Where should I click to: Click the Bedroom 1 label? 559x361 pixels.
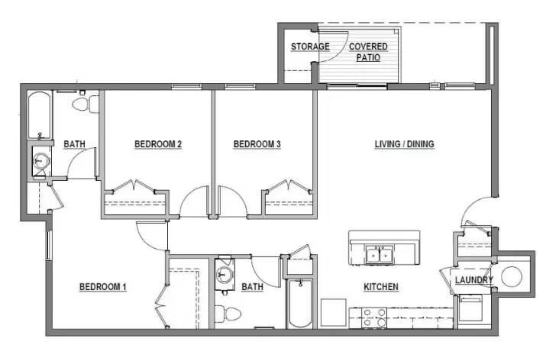click(x=102, y=287)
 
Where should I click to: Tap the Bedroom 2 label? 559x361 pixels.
click(x=158, y=143)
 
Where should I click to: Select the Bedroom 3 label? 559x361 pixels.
click(x=257, y=143)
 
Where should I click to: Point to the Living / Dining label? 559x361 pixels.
click(x=405, y=143)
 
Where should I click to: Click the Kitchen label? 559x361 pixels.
click(x=381, y=287)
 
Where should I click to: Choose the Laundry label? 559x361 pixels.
click(x=474, y=280)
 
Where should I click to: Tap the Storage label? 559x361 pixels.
click(x=310, y=47)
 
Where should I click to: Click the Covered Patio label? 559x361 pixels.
click(x=368, y=51)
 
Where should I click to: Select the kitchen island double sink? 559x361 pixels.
click(x=378, y=253)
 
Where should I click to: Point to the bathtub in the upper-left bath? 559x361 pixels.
click(x=40, y=115)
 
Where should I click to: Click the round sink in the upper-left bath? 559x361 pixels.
click(x=40, y=162)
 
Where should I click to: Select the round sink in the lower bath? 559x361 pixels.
click(x=225, y=275)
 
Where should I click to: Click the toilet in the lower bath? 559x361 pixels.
click(x=229, y=313)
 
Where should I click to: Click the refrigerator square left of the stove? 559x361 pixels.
click(x=334, y=313)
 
